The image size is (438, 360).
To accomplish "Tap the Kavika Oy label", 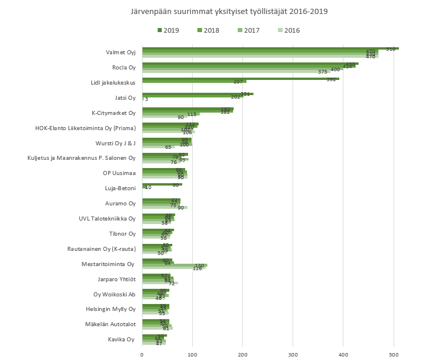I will tap(121, 339).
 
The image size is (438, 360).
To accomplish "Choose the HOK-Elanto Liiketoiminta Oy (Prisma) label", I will tap(85, 128).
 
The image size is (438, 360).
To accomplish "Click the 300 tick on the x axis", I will tap(293, 354).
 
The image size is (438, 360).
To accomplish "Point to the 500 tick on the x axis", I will tap(394, 354).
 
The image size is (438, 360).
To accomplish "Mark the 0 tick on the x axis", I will tap(142, 354).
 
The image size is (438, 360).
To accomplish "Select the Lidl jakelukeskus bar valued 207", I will tap(190, 81).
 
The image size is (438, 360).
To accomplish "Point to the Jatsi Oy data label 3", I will tap(146, 99).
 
